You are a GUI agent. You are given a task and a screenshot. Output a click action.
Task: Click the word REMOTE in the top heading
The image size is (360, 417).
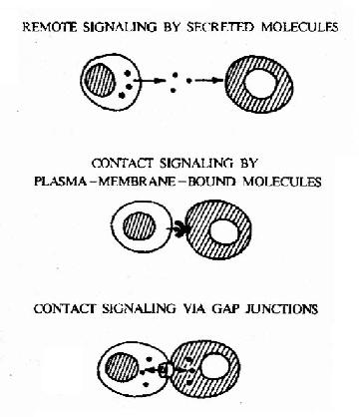click(x=50, y=27)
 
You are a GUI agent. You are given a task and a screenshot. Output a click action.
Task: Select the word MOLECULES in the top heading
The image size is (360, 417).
click(x=300, y=27)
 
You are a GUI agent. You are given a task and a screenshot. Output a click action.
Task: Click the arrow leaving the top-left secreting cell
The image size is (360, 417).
click(x=150, y=81)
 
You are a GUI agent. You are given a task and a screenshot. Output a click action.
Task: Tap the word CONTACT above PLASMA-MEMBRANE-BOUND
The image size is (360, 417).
click(x=123, y=164)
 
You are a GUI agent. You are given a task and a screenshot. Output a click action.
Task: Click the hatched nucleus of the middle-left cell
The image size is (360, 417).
click(x=140, y=226)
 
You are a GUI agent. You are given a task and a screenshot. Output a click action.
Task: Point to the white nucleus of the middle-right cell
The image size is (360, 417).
click(x=223, y=231)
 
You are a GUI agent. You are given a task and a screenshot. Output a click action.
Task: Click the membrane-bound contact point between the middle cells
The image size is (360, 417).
click(x=181, y=228)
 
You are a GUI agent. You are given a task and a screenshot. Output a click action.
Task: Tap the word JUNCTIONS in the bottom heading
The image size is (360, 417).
click(x=281, y=309)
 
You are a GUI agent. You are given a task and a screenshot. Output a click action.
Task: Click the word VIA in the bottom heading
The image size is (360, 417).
click(x=194, y=309)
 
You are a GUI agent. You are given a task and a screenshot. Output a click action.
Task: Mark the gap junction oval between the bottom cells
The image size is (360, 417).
click(x=166, y=370)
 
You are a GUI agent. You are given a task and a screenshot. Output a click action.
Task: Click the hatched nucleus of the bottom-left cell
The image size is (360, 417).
click(x=122, y=368)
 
